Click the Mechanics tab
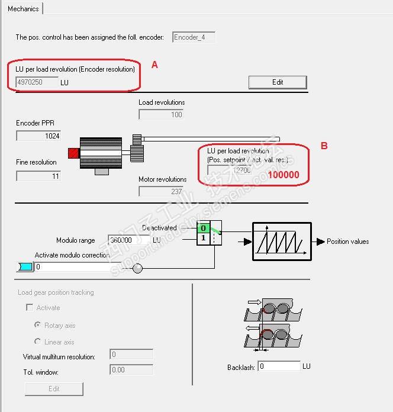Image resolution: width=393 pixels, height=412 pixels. tap(23, 9)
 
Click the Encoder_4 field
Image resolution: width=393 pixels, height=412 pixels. tap(194, 37)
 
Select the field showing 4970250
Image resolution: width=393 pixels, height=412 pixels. tap(37, 82)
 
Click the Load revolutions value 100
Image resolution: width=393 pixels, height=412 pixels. tap(161, 114)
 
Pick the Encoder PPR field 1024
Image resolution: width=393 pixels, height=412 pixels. tap(38, 136)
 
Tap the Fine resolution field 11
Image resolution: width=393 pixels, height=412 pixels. tap(38, 176)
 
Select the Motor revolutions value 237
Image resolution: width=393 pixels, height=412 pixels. tap(161, 191)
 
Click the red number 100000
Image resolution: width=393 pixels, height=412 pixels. tap(284, 175)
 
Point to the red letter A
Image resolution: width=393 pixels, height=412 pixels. tap(154, 65)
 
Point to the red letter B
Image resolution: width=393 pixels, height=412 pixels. tap(324, 146)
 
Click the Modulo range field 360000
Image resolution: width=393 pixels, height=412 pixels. tap(128, 241)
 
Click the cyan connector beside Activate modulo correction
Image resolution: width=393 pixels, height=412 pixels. tap(25, 267)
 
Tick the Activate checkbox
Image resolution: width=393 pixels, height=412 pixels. tap(29, 308)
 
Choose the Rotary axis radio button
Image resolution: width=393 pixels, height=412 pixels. tap(38, 325)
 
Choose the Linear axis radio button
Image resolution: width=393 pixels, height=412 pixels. tap(38, 342)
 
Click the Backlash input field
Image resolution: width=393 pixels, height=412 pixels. tap(279, 366)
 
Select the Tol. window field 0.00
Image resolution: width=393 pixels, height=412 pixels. tap(131, 370)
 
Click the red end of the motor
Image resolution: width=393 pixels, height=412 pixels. tap(74, 153)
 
